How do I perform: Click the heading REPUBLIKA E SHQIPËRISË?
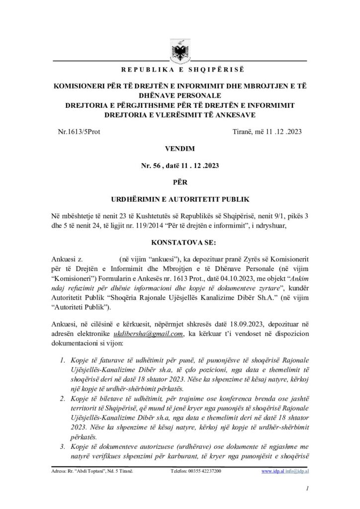coord(180,69)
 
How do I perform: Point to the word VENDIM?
coord(180,149)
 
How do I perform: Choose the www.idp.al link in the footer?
coord(272,471)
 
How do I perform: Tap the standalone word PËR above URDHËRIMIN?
coord(180,182)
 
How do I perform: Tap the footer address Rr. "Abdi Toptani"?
coord(92,471)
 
